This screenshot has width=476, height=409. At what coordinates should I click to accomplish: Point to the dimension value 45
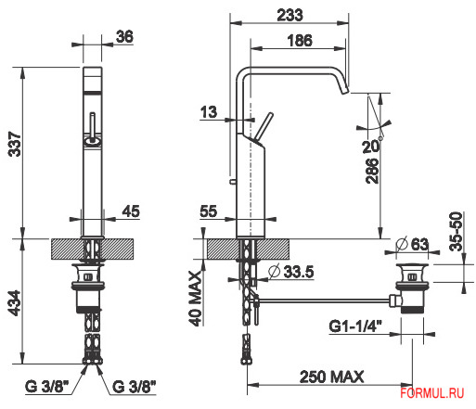pyautogui.click(x=131, y=211)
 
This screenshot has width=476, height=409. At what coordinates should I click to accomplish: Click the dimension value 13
pyautogui.click(x=208, y=112)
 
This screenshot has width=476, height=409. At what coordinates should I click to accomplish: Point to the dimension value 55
pyautogui.click(x=208, y=211)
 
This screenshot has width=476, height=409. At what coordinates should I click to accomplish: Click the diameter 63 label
pyautogui.click(x=415, y=245)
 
